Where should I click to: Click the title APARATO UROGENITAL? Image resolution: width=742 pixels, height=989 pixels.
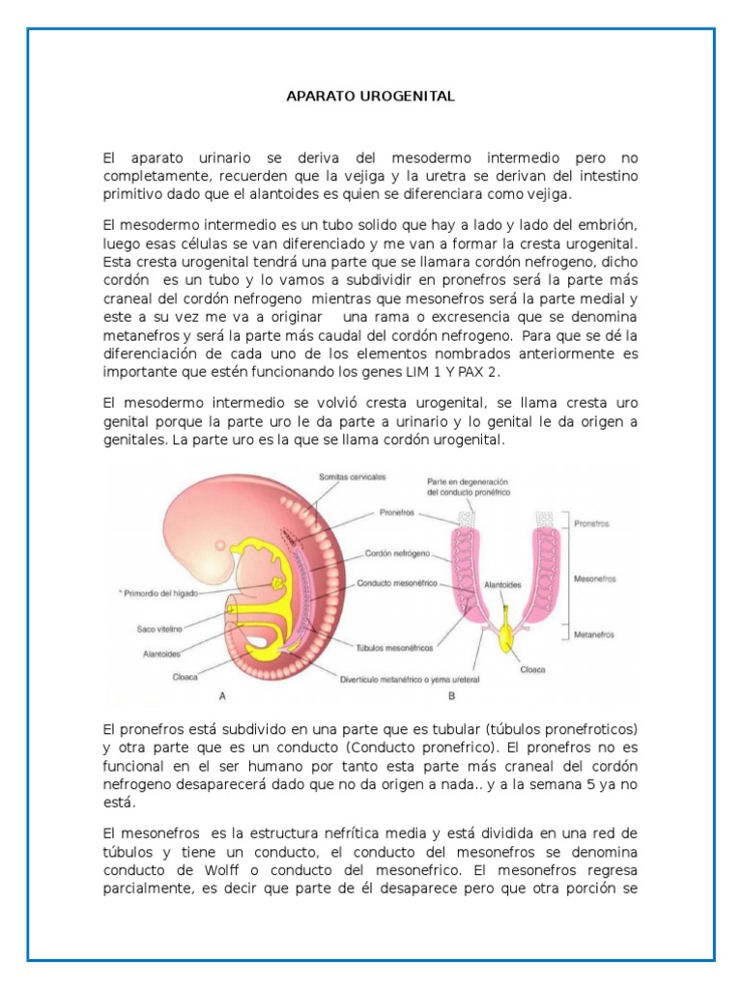(371, 98)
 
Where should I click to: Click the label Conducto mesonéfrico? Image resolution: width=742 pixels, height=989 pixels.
(397, 584)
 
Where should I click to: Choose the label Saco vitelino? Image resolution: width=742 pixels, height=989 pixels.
(160, 629)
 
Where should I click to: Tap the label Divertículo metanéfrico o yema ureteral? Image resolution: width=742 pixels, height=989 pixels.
(408, 677)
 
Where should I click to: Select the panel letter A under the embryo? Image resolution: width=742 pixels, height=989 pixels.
(223, 694)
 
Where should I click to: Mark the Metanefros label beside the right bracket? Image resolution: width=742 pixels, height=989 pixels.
(595, 635)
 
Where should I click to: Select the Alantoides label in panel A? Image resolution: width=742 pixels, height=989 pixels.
(160, 653)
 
